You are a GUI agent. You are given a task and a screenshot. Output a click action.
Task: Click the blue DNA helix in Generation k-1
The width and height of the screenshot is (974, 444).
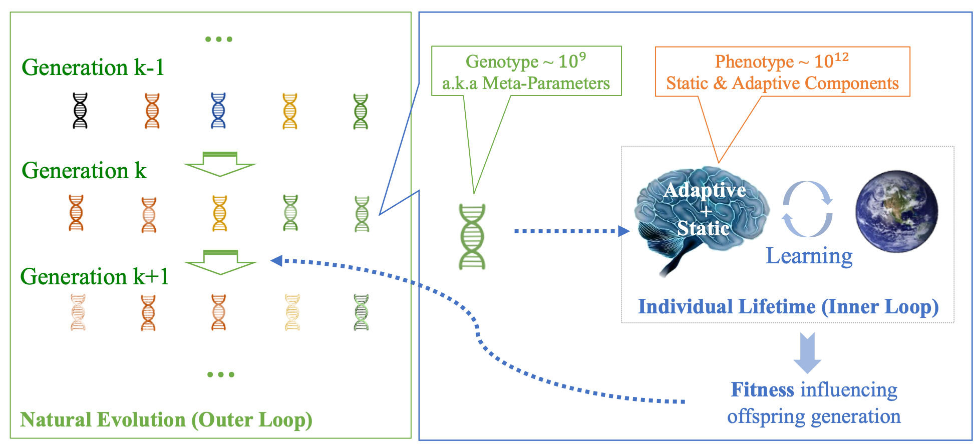218,111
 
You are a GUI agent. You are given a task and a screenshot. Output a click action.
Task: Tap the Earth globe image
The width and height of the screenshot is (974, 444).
896,211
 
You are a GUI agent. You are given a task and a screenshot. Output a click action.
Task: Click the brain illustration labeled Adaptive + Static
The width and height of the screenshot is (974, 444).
701,215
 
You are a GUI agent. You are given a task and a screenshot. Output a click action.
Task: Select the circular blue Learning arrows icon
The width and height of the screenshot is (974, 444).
807,209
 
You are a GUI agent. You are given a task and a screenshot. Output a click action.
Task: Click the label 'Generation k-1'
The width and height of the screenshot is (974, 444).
93,68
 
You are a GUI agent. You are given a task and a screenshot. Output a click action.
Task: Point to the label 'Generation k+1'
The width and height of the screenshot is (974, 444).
94,276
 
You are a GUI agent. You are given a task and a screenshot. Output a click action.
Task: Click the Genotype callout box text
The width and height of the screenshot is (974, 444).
526,72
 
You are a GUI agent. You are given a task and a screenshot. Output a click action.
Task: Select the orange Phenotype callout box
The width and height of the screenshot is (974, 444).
782,72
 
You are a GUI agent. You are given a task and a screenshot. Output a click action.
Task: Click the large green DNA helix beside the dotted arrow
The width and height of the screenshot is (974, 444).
472,237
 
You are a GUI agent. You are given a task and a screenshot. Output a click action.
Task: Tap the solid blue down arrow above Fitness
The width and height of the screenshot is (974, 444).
807,352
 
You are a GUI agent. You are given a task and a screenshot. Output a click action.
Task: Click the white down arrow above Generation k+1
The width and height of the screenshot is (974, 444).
220,262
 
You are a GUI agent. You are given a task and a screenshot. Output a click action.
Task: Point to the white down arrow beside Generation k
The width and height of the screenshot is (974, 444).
220,164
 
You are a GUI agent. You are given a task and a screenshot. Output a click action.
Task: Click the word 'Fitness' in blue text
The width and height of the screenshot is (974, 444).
762,389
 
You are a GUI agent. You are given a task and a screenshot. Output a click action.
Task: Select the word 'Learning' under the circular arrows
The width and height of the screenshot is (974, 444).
809,256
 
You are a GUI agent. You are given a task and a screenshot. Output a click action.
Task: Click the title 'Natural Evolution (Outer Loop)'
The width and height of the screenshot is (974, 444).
166,419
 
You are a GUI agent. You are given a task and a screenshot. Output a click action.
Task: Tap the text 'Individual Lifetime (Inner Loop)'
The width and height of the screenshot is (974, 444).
788,306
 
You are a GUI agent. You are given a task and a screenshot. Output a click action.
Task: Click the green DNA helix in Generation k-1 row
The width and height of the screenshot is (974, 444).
361,111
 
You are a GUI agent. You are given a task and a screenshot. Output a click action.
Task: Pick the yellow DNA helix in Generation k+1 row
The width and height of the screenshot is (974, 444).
292,312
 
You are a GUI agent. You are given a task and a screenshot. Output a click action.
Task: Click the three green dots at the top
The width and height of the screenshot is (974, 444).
219,39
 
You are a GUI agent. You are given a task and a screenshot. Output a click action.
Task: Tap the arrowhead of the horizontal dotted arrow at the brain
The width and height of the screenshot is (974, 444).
624,231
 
